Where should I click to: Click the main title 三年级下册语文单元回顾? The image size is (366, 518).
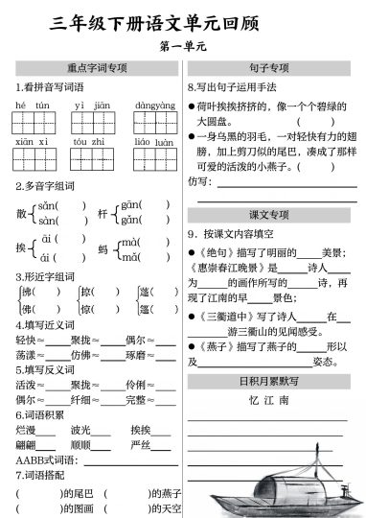point(182,20)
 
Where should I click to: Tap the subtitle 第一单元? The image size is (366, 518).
point(182,46)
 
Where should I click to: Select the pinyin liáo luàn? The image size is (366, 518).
point(153,141)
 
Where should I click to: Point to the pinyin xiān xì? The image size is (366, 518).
point(33,141)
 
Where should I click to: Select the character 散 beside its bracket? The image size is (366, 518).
point(22,213)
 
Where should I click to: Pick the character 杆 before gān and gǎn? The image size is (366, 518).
point(103,213)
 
